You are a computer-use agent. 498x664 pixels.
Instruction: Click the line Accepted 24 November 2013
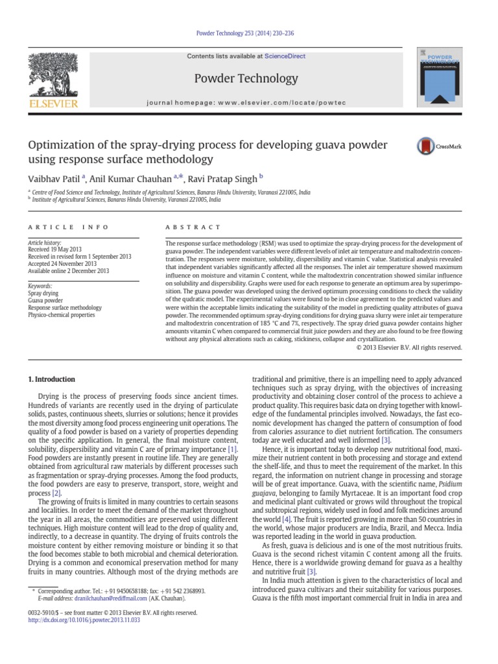point(62,264)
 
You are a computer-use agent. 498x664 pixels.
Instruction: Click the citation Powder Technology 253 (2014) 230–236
point(248,33)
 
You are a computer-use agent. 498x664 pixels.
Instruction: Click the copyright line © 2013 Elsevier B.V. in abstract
point(409,348)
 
